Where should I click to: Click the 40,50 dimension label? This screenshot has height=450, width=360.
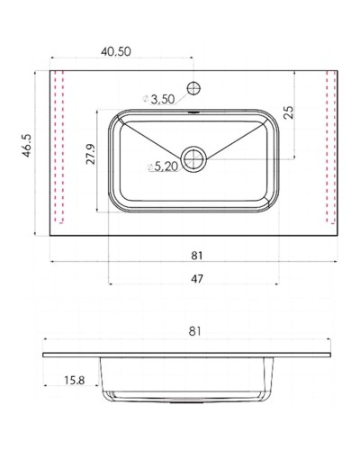coord(116,51)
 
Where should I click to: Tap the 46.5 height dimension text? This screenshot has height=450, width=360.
coord(27,146)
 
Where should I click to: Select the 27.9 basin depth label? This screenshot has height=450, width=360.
coord(91,154)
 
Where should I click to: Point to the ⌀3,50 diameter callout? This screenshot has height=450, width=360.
coord(159,99)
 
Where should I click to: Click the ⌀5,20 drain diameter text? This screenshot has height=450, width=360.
coord(163,166)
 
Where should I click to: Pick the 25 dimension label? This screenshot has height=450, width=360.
coord(289,112)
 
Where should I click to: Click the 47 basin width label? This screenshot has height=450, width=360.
coord(197,279)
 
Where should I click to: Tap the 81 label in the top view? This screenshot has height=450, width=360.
coord(197,256)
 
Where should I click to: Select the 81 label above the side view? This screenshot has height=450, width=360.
coord(194,331)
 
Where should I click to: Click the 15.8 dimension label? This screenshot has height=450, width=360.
coord(75,381)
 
